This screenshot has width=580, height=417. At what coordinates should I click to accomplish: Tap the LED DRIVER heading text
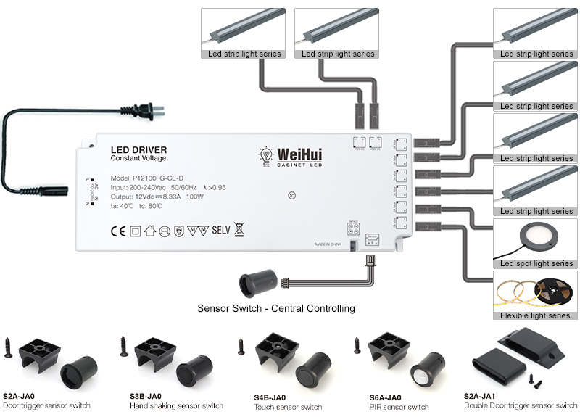(x=138, y=149)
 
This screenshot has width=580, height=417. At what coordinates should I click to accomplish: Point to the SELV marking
(x=220, y=231)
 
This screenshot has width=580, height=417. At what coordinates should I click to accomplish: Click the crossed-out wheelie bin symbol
(x=240, y=230)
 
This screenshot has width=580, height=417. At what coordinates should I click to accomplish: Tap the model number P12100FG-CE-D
(x=148, y=178)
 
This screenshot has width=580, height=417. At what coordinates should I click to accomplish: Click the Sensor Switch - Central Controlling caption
(x=276, y=308)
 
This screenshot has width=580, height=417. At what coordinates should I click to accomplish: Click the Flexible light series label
(x=535, y=315)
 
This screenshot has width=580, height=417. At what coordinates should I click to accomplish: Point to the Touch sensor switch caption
(x=288, y=407)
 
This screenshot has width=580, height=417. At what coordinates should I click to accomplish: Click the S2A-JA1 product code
(x=480, y=397)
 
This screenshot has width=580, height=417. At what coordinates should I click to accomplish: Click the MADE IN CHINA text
(x=329, y=244)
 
